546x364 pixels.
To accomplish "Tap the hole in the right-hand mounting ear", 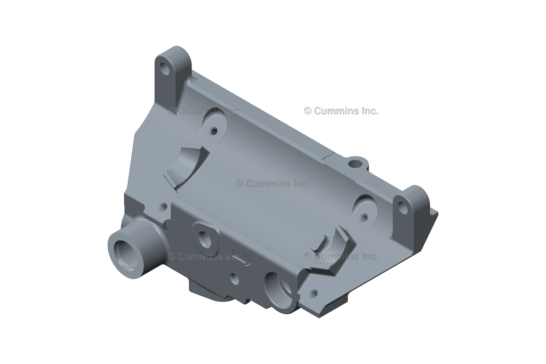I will point(403,209).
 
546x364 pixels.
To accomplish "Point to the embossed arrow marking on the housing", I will point(241,257).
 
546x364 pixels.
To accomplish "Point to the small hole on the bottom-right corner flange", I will point(314,293).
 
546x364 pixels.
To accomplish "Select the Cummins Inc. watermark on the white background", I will point(341,111).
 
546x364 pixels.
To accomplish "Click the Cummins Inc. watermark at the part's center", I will point(272,184).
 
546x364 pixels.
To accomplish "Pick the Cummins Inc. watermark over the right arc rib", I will point(341,257).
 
